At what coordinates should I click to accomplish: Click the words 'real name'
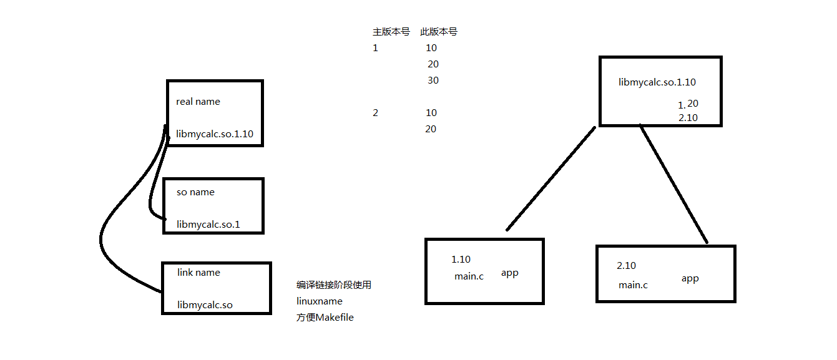[198, 102]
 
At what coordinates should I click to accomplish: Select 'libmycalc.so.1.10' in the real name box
[214, 134]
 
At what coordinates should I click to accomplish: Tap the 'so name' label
[195, 192]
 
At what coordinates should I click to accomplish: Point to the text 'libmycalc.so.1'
[208, 224]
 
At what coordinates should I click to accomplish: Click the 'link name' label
[198, 273]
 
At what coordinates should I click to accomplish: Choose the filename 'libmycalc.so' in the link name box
[205, 305]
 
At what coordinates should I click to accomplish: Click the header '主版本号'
[391, 32]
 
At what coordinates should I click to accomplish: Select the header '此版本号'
[439, 32]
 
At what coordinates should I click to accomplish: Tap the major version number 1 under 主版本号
[375, 48]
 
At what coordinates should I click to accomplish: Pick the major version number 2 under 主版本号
[375, 113]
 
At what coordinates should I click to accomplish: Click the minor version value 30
[433, 80]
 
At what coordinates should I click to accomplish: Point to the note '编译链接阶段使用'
[334, 285]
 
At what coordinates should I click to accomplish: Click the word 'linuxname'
[319, 301]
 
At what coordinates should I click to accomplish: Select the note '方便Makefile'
[325, 318]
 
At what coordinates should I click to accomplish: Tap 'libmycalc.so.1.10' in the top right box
[657, 82]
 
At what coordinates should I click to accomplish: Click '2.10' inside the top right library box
[688, 118]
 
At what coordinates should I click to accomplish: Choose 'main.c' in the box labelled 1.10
[469, 276]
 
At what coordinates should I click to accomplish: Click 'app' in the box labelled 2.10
[690, 278]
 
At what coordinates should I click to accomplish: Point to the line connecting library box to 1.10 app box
[551, 178]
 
